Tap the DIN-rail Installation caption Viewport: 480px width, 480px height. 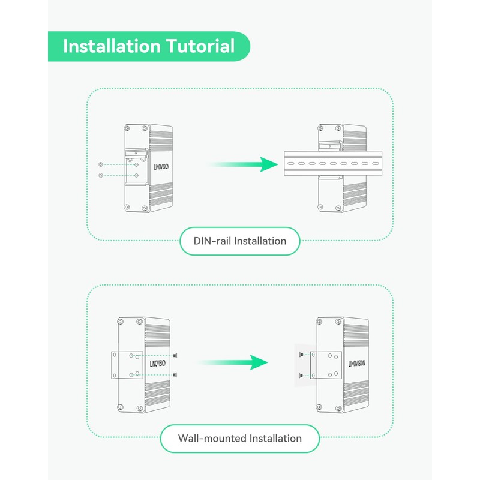coord(239,241)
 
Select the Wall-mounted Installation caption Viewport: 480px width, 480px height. coord(239,439)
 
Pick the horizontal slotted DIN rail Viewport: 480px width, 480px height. coord(333,163)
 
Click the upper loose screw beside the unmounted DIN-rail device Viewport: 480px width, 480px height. coord(100,164)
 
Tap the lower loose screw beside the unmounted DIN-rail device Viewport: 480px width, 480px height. coord(100,175)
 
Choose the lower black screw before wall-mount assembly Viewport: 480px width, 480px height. coord(175,375)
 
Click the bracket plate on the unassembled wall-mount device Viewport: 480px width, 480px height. coord(127,365)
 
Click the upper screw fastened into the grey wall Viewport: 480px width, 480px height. coord(299,355)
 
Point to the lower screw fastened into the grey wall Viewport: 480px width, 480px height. coord(299,375)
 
